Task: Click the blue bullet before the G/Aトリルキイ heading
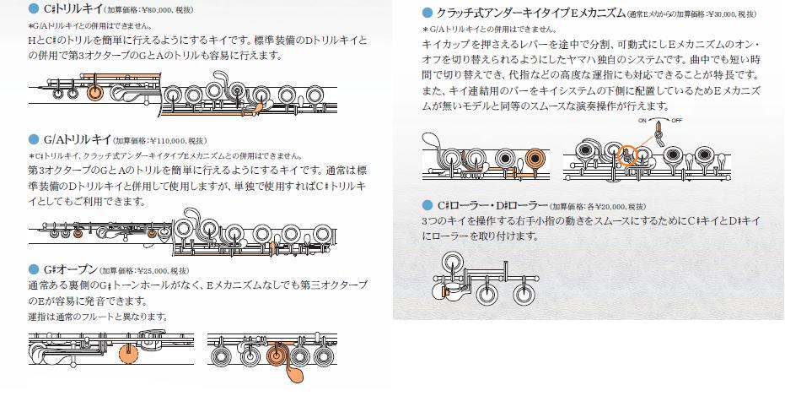[34, 139]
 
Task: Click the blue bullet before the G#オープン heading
[34, 269]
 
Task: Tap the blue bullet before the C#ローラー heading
[427, 205]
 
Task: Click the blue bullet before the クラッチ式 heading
[427, 13]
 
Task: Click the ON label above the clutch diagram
[643, 121]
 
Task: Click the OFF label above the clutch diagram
[677, 121]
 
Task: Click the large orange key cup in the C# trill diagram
[94, 93]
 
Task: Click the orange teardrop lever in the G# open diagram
[293, 373]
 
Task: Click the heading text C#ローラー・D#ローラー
[492, 205]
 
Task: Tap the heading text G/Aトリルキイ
[78, 139]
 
